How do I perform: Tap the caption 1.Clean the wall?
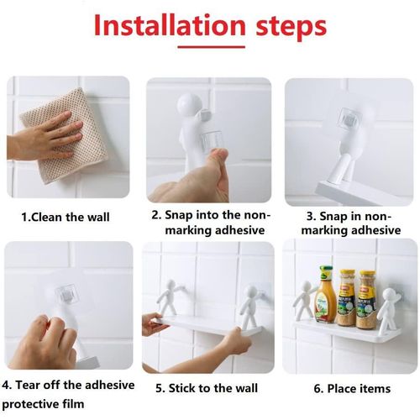coord(65,218)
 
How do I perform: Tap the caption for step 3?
coord(348,223)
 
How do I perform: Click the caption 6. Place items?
coord(352,388)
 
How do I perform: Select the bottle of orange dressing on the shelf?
coord(325,294)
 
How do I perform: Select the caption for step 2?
coord(207,223)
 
